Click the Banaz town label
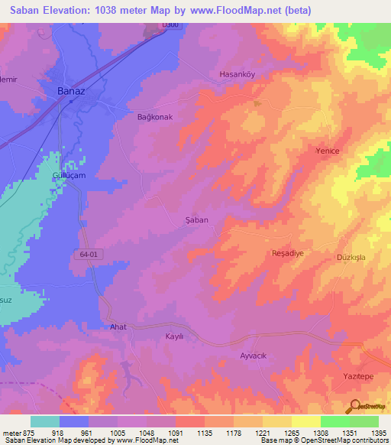click(71, 92)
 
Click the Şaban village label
click(197, 219)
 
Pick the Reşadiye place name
click(289, 252)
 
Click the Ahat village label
click(118, 326)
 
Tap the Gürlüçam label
click(64, 175)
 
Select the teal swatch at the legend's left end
click(45, 421)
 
